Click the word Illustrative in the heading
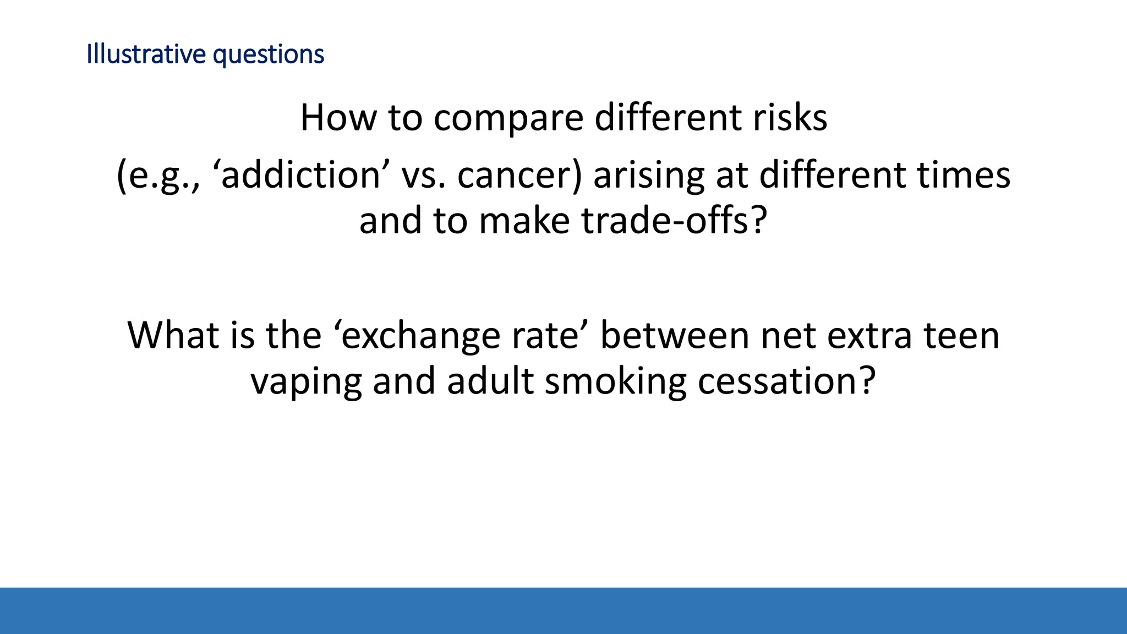(146, 54)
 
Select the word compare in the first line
(508, 118)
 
